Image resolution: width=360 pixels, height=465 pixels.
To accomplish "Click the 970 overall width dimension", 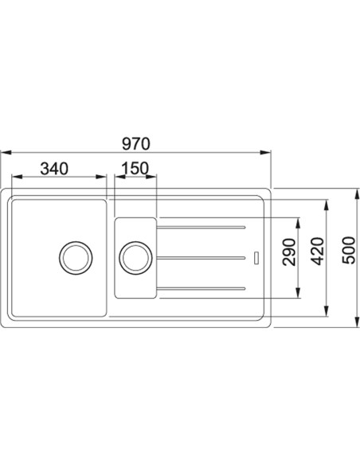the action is point(136,144).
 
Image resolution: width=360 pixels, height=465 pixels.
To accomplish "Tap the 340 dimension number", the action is point(54,169).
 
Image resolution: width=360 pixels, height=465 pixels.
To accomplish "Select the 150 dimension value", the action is point(135,169).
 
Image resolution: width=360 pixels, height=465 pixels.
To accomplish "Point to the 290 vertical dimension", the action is point(289,252).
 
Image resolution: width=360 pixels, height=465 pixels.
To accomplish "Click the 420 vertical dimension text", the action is point(319,251).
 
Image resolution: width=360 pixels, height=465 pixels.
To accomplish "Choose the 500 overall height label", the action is point(348,250).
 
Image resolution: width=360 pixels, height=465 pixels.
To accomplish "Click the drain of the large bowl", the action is point(76,258).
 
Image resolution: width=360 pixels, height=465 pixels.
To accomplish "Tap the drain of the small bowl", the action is point(135,258).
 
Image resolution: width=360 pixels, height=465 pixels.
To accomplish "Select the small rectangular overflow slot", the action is point(256,257).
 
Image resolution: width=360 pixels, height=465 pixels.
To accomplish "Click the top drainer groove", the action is point(201,228).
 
